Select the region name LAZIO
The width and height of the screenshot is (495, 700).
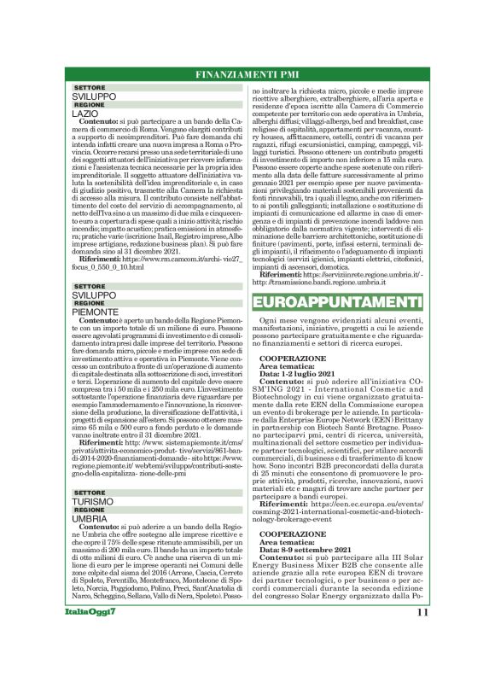click(x=85, y=114)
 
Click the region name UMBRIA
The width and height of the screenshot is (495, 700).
click(x=90, y=518)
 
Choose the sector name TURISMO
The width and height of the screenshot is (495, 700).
click(x=93, y=502)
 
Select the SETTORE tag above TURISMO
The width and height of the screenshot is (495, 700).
click(x=90, y=493)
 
